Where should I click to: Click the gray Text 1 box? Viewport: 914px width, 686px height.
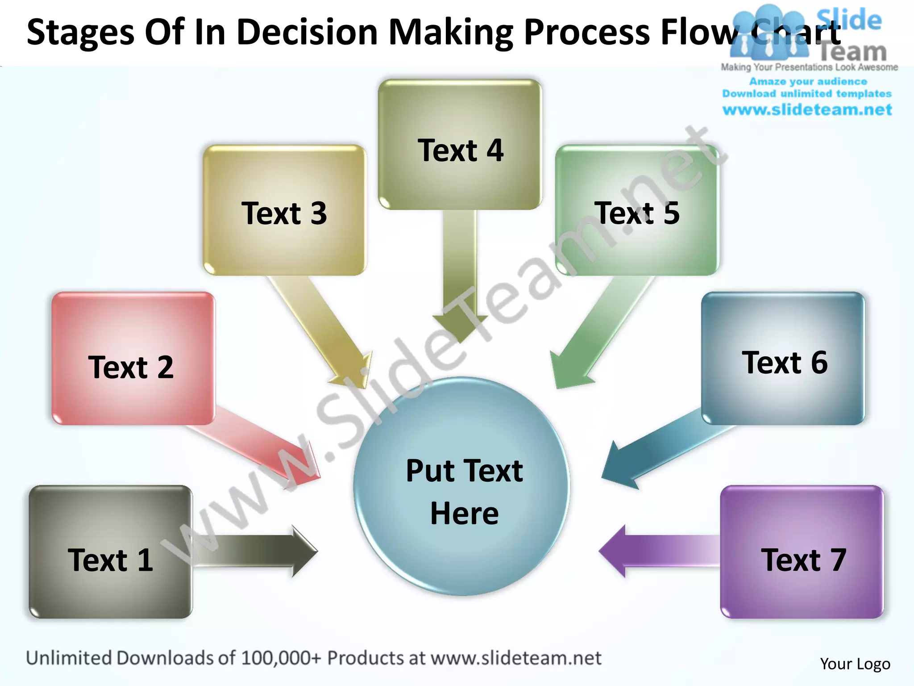coord(110,552)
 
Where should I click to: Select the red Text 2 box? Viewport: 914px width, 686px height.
coord(133,359)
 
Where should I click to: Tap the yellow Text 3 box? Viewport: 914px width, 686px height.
coord(284,210)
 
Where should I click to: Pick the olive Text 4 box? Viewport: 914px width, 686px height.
coord(460,144)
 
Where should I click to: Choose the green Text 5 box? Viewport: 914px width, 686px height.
coord(637,210)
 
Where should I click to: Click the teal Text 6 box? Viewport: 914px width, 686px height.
coord(783,359)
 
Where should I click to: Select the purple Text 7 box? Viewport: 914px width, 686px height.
coord(802,552)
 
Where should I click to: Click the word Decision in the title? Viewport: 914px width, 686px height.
coord(307,32)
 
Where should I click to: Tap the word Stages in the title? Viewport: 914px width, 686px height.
coord(80,32)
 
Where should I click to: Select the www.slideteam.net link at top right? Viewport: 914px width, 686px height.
coord(807,110)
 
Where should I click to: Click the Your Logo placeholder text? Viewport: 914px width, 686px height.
coord(855,664)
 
